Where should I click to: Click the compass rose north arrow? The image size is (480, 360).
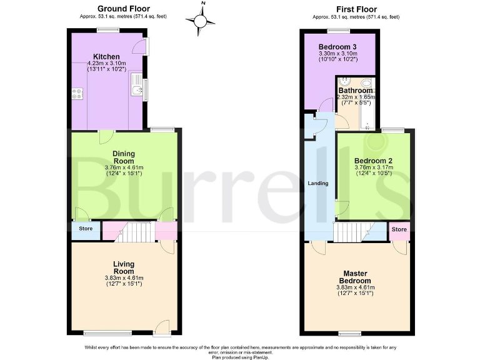point(201,22)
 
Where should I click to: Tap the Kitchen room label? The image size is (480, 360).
point(106,57)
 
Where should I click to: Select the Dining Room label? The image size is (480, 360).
point(124,157)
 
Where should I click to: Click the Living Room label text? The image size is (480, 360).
point(124,267)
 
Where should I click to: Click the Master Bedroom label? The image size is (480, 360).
point(355,277)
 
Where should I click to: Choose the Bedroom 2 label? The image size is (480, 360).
point(373,161)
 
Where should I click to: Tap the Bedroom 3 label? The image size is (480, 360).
point(337,47)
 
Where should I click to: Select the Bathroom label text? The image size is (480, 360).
point(356,91)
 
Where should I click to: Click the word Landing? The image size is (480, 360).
point(319,184)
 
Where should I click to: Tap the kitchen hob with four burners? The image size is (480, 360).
point(78,94)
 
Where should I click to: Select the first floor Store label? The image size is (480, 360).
point(399,229)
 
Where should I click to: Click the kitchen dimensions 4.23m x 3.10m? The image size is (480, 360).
point(106,63)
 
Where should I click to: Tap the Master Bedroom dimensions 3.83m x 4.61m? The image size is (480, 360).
point(355,287)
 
